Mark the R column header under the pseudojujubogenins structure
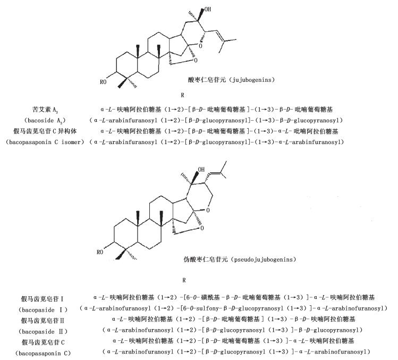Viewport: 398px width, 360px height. point(184,280)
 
